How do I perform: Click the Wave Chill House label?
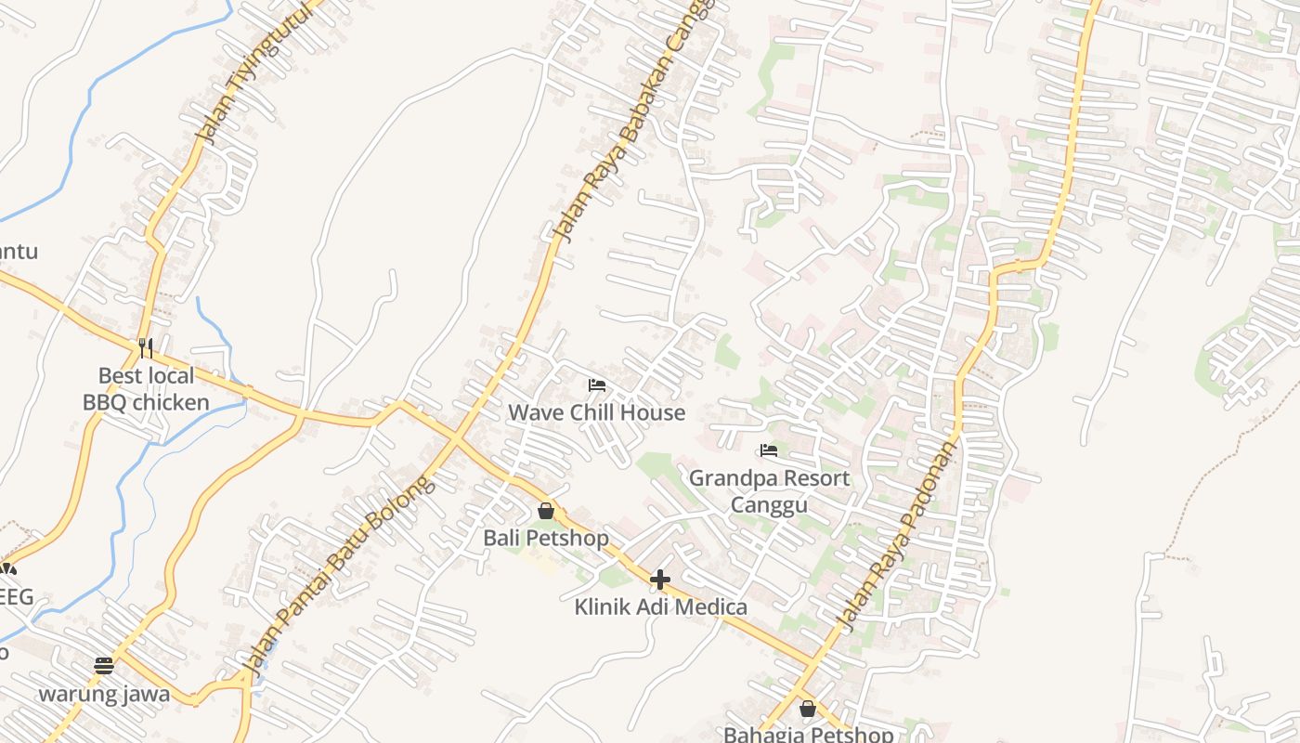click(x=596, y=412)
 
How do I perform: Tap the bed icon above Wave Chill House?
click(x=596, y=385)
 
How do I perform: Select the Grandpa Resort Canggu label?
click(x=769, y=491)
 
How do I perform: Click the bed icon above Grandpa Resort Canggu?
click(x=768, y=450)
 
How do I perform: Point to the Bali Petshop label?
click(x=546, y=538)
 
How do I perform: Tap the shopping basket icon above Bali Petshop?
click(x=546, y=511)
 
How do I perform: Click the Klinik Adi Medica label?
click(x=660, y=607)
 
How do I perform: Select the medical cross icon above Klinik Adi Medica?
click(x=660, y=580)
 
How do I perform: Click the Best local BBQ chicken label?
click(x=146, y=389)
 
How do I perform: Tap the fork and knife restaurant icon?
click(x=146, y=348)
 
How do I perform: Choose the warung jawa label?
click(x=104, y=694)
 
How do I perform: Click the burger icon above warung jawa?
click(x=104, y=666)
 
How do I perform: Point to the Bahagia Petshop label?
click(x=808, y=735)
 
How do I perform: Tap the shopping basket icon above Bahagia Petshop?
click(x=807, y=709)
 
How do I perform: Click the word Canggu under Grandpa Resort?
click(x=769, y=505)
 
